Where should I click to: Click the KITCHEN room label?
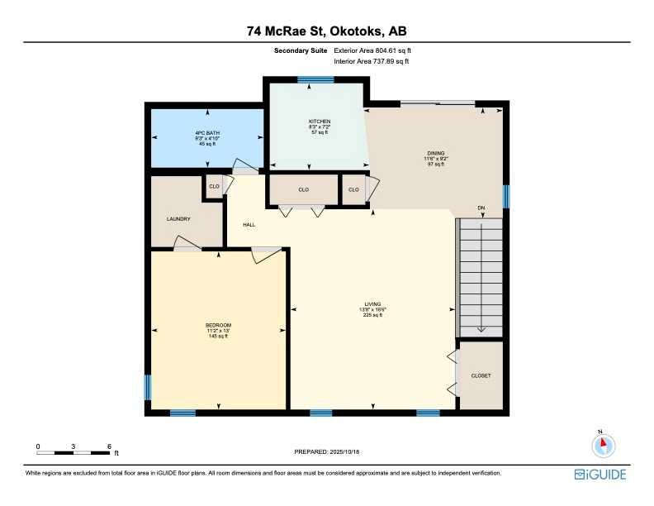[320, 122]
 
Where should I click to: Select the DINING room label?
[436, 153]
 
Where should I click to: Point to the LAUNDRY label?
[178, 219]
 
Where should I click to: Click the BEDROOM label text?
[218, 325]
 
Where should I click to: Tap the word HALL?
[249, 224]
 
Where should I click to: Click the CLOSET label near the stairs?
[481, 375]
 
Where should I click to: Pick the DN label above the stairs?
[481, 208]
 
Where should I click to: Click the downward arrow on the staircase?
[481, 328]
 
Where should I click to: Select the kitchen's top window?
[315, 79]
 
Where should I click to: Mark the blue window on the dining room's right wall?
[505, 196]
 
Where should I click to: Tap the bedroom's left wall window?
[149, 387]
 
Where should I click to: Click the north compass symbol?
[604, 445]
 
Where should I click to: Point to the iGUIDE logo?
[600, 475]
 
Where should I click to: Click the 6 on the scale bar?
[109, 446]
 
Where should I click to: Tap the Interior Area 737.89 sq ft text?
[372, 61]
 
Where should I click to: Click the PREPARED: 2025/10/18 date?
[328, 451]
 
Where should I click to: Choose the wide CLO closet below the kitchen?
[303, 190]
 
